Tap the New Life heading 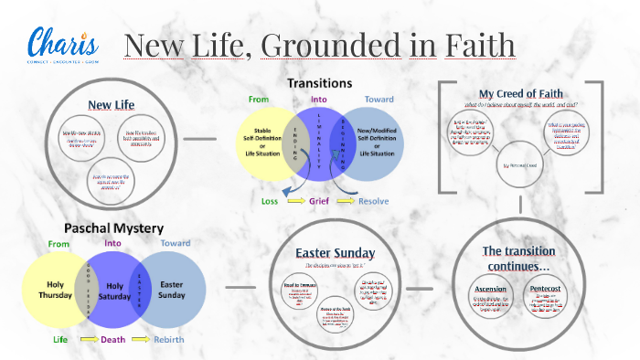coord(112,104)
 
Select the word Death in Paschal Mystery coord(112,339)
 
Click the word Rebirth coord(171,339)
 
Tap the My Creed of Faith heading coord(520,94)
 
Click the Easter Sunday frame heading coord(331,252)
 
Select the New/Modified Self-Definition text coord(376,143)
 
